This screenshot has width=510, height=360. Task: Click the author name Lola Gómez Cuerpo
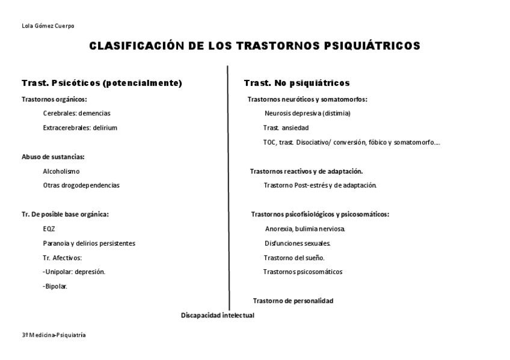48,26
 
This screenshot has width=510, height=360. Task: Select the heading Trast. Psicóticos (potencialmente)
102,83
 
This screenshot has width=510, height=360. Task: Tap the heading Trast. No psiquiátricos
297,83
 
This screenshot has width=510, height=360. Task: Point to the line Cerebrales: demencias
77,113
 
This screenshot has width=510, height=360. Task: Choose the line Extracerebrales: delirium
80,127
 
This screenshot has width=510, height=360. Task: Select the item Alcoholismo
61,171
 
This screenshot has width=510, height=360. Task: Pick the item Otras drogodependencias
81,185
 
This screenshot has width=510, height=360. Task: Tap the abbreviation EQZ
49,229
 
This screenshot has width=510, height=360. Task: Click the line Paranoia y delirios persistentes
89,243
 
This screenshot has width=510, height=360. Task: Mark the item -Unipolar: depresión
74,272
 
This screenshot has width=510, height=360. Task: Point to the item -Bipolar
55,286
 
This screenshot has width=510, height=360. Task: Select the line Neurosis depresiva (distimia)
307,113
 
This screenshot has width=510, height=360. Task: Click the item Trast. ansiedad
286,127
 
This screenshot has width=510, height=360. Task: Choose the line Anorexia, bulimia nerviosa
305,229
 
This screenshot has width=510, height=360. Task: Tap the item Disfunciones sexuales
298,243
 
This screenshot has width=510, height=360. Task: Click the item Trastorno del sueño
294,258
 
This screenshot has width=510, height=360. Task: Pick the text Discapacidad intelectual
218,316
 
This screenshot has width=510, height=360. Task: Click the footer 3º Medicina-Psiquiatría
54,335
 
